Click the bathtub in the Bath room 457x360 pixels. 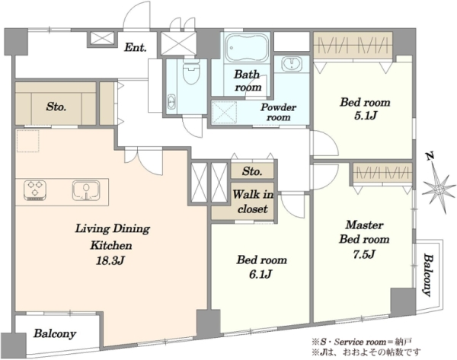coord(247,48)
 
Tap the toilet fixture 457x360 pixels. coord(191,72)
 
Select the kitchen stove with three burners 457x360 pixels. coord(35,190)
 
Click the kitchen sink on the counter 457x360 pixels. coord(86,190)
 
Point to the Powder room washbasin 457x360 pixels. coord(291,64)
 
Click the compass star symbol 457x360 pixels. coord(439,190)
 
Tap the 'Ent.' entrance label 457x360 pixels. coord(136,47)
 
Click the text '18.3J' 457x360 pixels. coord(110,260)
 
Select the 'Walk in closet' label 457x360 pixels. coord(253,201)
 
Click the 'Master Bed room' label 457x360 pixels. coord(364,232)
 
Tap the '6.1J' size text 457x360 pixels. coord(260,274)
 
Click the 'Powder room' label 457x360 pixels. coord(278,112)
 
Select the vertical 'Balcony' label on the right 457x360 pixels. coord(428,275)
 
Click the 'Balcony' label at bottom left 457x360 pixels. coord(55,334)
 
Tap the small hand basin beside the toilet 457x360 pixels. coord(171,102)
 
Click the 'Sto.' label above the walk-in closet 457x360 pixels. coord(252,171)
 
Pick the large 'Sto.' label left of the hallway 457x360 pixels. coord(56,107)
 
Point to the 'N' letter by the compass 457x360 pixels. coord(429,157)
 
